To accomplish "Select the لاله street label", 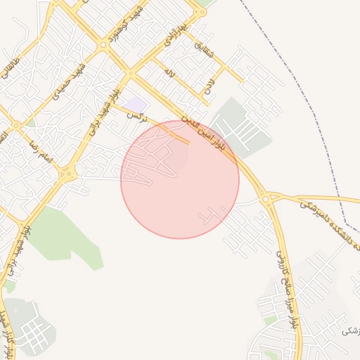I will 168,71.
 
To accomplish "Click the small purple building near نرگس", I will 136,104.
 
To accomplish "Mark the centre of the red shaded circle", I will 180,179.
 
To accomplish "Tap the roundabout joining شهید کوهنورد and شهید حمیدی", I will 104,44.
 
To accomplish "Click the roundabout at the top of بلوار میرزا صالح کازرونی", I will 266,199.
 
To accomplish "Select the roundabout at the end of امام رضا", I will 67,174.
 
